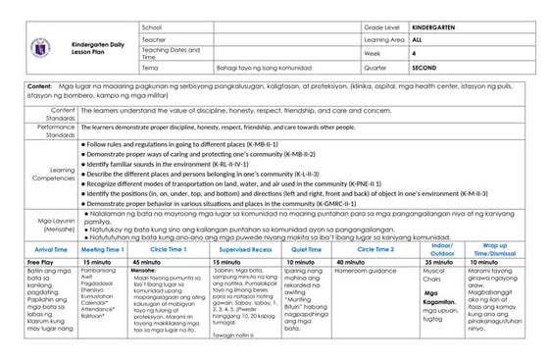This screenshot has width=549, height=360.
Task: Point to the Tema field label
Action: point(150,69)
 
